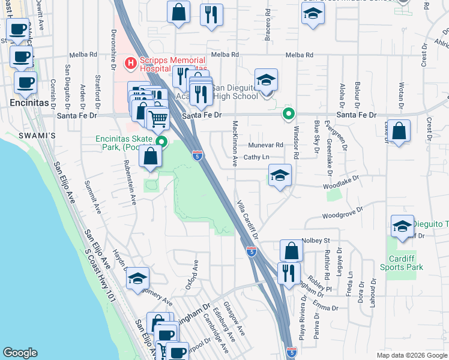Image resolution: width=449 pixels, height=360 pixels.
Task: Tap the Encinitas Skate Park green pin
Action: [x=161, y=142]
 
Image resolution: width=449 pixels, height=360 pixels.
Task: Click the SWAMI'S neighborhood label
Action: [x=41, y=136]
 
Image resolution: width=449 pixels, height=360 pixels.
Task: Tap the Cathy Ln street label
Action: [x=255, y=158]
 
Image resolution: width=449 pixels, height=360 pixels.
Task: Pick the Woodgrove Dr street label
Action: [x=343, y=213]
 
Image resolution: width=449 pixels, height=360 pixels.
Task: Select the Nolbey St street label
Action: [x=319, y=241]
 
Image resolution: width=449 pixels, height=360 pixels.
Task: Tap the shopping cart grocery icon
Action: [x=158, y=118]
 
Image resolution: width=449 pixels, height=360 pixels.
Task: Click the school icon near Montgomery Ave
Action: [x=137, y=278]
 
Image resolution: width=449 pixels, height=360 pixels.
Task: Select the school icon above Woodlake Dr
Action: [x=279, y=176]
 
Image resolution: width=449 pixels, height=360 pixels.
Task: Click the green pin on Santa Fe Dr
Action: [x=289, y=113]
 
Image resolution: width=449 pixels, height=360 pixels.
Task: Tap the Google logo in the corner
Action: [x=20, y=353]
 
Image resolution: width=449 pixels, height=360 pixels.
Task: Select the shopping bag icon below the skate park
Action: [x=150, y=157]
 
